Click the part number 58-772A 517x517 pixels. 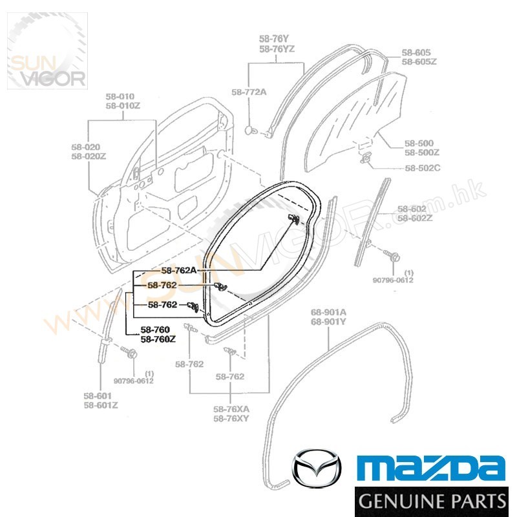click(x=249, y=92)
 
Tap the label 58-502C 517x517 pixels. click(x=423, y=168)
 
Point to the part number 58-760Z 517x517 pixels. click(x=158, y=339)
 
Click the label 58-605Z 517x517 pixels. click(x=419, y=61)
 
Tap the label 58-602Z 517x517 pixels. click(x=414, y=218)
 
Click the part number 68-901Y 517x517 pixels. click(x=328, y=322)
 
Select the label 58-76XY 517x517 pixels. click(x=231, y=418)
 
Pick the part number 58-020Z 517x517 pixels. click(x=89, y=156)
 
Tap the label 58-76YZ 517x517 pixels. click(x=277, y=48)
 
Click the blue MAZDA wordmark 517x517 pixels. click(x=432, y=467)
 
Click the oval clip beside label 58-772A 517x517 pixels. click(x=250, y=131)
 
